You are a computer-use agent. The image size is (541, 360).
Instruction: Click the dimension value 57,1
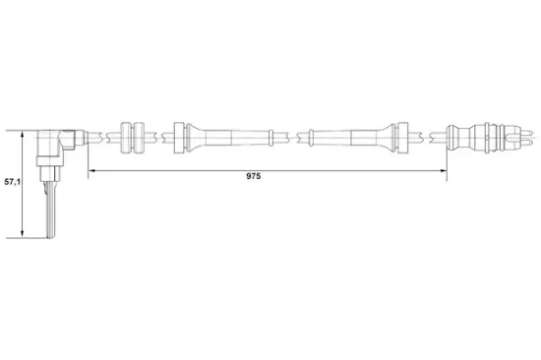[11, 182]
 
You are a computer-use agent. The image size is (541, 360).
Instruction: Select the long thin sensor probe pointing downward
[52, 210]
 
